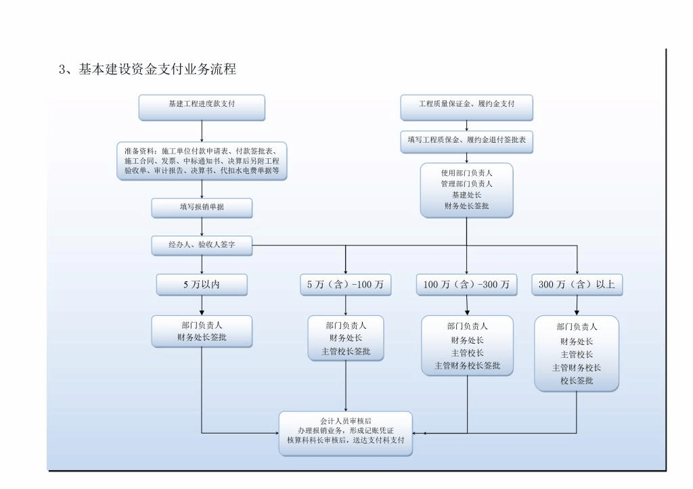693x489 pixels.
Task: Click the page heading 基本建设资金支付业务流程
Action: click(x=156, y=69)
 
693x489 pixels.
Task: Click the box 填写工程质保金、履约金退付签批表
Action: click(x=466, y=140)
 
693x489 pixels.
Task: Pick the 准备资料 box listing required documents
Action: click(x=202, y=161)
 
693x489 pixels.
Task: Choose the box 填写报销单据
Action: click(x=202, y=208)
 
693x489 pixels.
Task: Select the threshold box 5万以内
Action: click(x=202, y=285)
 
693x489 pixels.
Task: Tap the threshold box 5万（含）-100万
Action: click(x=345, y=285)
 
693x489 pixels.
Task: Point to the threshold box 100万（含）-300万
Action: click(x=466, y=285)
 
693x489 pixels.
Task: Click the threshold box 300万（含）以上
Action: click(x=577, y=285)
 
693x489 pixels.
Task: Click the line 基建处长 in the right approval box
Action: click(x=466, y=195)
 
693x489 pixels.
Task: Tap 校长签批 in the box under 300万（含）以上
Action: click(x=577, y=380)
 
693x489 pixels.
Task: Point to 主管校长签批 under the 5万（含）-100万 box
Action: click(x=345, y=351)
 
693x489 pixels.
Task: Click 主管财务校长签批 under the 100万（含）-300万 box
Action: click(x=466, y=365)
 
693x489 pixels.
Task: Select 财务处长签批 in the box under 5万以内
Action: click(x=202, y=336)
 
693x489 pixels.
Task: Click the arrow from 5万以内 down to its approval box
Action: click(x=202, y=306)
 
